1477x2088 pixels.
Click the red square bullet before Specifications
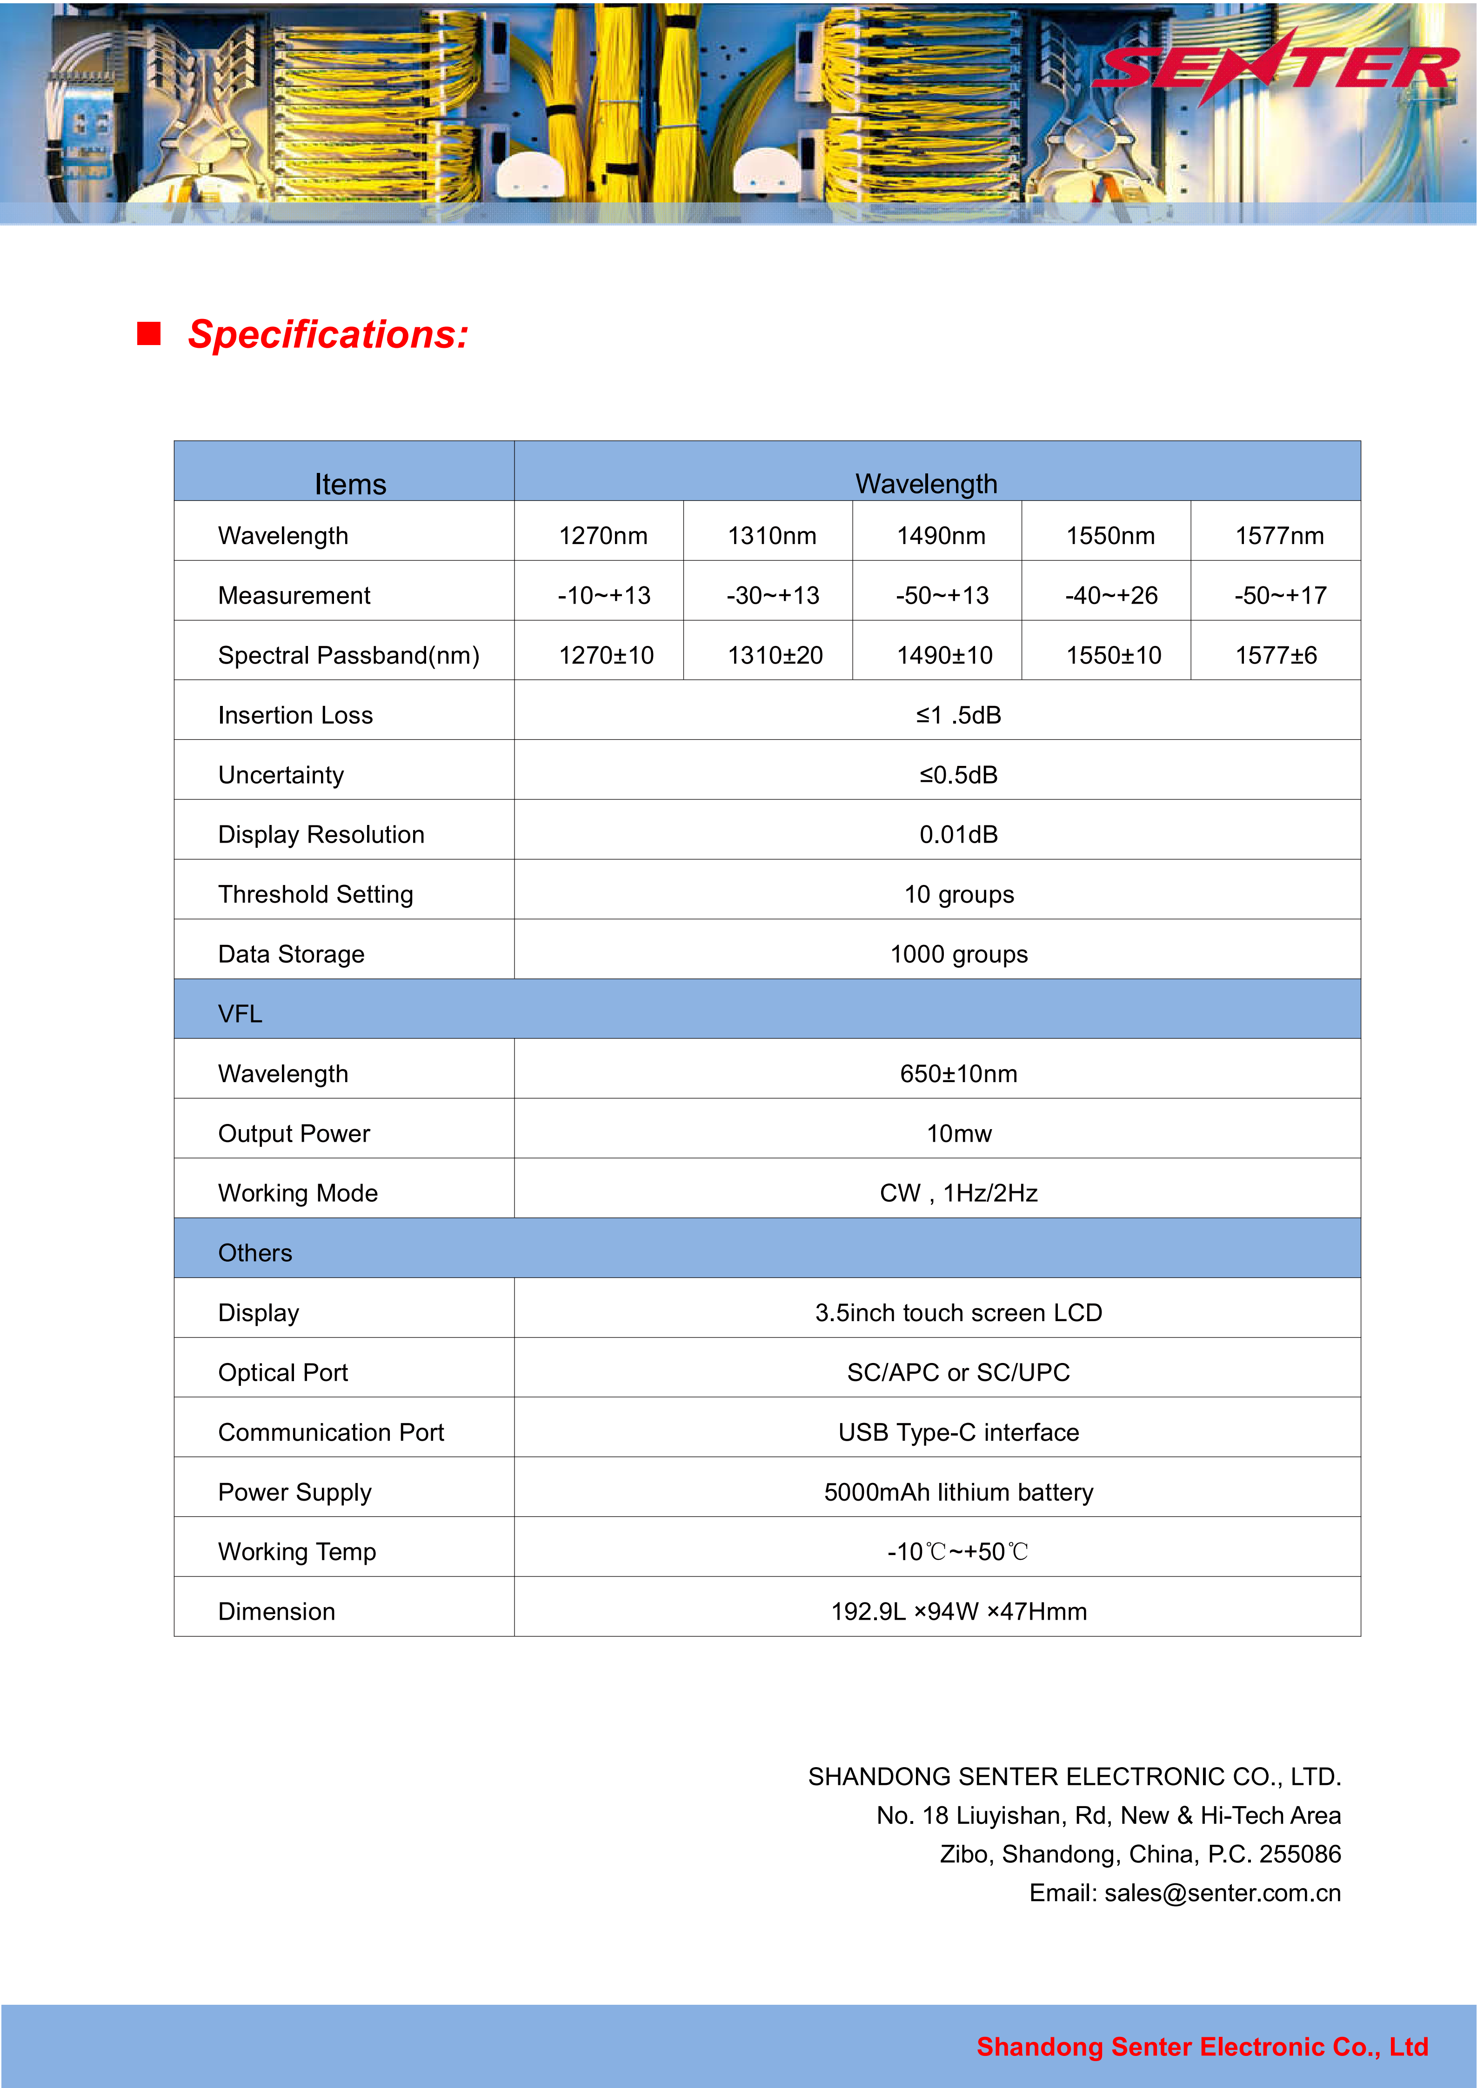[x=149, y=334]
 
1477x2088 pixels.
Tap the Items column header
[x=350, y=484]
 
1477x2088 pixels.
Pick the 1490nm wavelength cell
[x=941, y=536]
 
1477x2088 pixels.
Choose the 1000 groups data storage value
[x=959, y=954]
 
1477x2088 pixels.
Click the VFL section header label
[x=240, y=1014]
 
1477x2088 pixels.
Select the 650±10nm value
[x=959, y=1074]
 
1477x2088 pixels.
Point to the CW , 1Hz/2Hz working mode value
[x=959, y=1193]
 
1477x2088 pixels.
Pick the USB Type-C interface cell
[x=959, y=1432]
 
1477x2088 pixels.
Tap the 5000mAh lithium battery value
[x=959, y=1492]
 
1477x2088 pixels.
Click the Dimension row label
[x=276, y=1611]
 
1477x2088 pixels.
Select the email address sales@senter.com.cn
[x=1222, y=1893]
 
